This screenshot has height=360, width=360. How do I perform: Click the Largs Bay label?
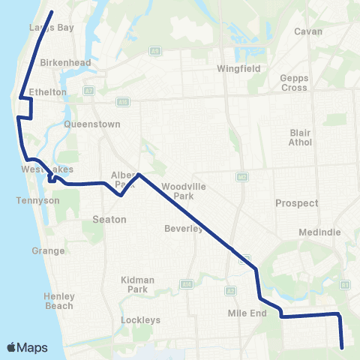point(52,28)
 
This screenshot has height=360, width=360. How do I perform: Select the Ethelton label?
point(48,92)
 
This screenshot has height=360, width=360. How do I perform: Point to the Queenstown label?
point(88,124)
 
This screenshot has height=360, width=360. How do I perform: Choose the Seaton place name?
point(109,220)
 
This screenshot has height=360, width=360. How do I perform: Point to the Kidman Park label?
point(137,284)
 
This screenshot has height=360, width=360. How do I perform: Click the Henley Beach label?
point(59,301)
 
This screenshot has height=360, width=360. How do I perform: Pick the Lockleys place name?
point(141,320)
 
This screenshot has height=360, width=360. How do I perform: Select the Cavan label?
point(308,31)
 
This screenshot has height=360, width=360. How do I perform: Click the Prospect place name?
point(297,203)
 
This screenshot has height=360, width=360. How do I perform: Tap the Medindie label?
point(320,232)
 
